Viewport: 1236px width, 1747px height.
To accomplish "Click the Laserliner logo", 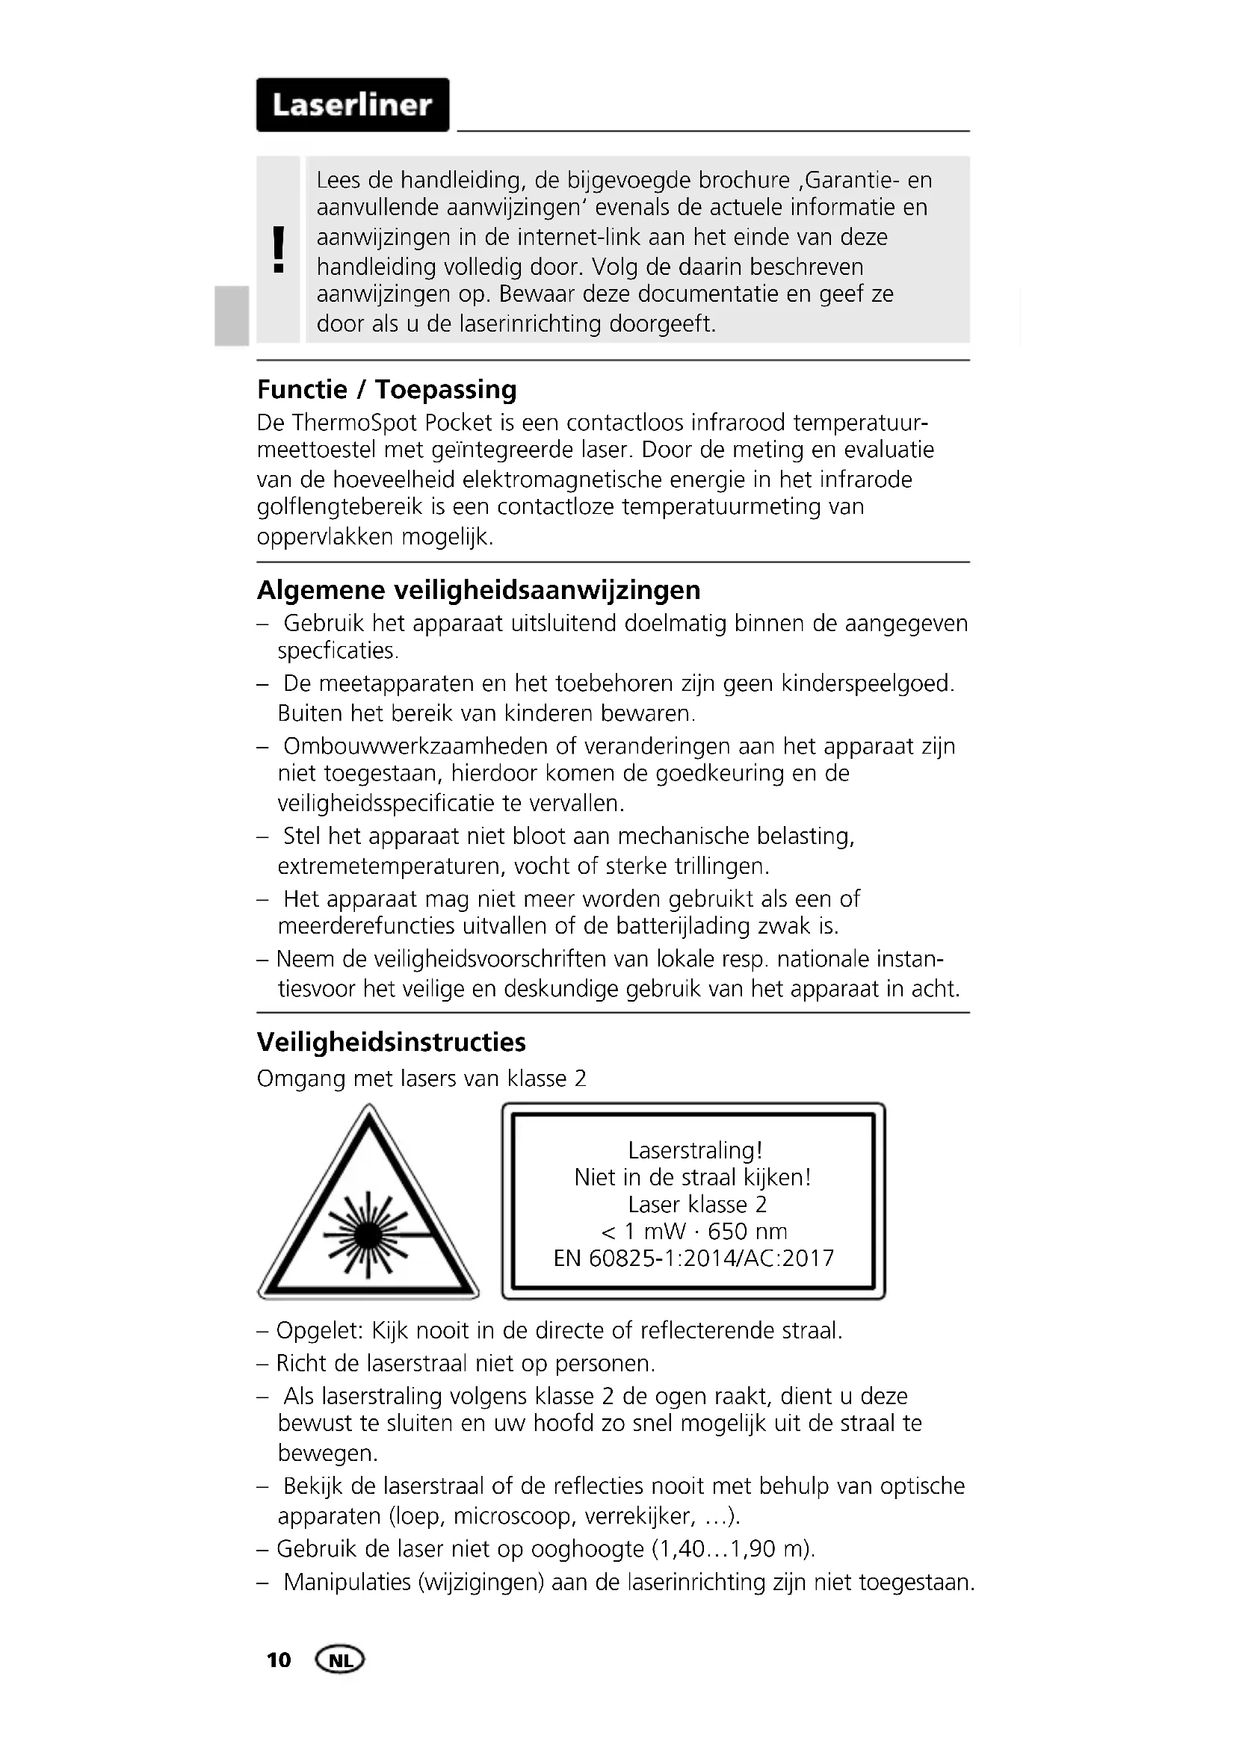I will point(353,105).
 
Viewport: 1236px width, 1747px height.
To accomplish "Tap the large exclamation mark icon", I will point(279,249).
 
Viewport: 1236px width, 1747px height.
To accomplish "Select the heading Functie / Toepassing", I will point(386,390).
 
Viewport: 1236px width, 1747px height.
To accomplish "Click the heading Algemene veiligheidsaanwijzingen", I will point(478,590).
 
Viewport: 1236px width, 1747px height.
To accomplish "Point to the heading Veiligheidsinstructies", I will point(391,1042).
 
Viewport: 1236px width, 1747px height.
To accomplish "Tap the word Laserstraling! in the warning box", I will point(694,1149).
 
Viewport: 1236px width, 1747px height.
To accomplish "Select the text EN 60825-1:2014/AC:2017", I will point(693,1258).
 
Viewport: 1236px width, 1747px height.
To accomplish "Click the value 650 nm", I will point(747,1231).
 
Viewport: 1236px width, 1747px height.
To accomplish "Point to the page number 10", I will point(279,1660).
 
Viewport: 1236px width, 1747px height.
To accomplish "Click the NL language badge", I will point(340,1660).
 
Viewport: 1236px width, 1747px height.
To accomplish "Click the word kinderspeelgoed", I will point(867,683).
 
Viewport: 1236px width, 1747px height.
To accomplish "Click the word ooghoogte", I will point(587,1549).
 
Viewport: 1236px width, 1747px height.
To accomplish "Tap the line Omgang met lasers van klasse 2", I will point(421,1079).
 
